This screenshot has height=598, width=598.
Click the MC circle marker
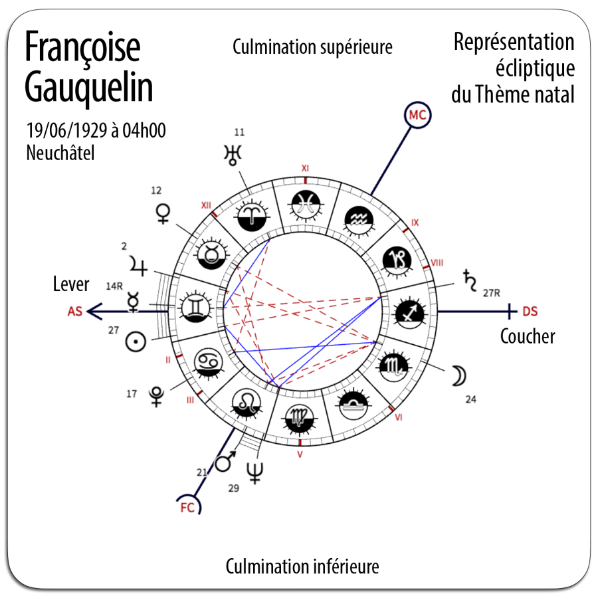(417, 115)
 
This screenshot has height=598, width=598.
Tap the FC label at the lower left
(188, 508)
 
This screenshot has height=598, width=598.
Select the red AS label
(74, 310)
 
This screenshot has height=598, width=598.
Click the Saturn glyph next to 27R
(470, 281)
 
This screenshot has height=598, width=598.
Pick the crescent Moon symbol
(458, 376)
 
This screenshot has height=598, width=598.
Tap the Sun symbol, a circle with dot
(136, 342)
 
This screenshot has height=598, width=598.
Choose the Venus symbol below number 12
(163, 213)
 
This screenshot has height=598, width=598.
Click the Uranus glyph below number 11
(232, 155)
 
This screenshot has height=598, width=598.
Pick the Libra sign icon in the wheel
(352, 405)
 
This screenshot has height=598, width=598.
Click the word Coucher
(527, 336)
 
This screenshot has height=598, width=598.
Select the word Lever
(70, 284)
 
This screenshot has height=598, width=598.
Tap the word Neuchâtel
(60, 153)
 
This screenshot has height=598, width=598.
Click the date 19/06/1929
(67, 130)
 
